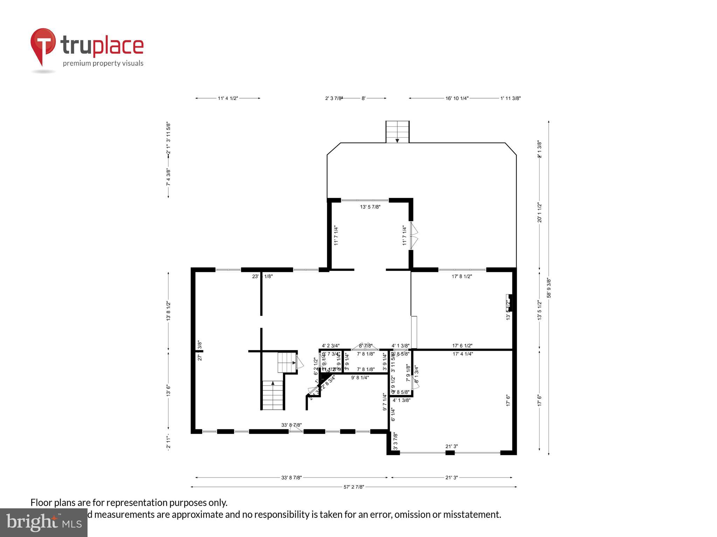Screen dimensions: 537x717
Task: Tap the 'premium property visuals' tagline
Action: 103,63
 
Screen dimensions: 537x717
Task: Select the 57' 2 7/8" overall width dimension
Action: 354,487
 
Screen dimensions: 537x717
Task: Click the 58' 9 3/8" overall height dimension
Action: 549,288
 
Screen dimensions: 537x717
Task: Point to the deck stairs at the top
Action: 397,132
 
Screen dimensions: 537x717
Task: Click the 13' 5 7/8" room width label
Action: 370,207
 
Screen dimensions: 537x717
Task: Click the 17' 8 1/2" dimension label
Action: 462,276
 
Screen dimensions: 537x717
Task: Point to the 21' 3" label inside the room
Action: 451,446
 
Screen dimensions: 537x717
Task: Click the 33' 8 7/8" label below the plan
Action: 291,478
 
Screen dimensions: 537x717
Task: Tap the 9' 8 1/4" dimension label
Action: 360,378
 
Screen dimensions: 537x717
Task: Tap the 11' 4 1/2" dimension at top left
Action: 228,99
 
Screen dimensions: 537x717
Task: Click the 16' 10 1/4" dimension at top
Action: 457,99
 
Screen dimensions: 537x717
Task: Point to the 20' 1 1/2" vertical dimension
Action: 540,213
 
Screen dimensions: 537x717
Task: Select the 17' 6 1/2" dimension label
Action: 462,346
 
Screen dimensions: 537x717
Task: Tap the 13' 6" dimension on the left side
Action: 169,390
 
